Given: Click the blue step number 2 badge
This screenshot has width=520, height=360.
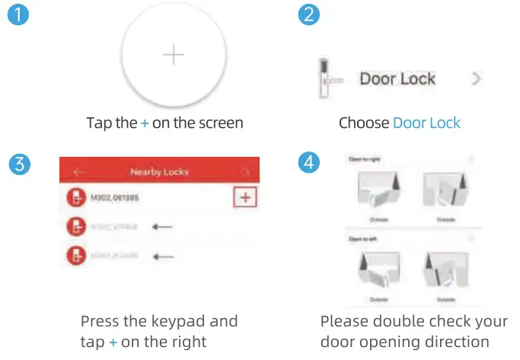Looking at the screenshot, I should pyautogui.click(x=308, y=15).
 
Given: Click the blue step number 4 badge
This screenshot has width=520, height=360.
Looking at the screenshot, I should pyautogui.click(x=308, y=163).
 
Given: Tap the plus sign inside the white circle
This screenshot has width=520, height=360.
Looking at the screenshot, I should pyautogui.click(x=174, y=56).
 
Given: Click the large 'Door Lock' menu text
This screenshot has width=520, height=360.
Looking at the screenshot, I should pyautogui.click(x=397, y=78).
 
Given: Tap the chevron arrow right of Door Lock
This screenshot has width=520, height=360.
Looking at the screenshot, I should pyautogui.click(x=477, y=78).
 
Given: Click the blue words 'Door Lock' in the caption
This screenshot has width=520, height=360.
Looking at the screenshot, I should pyautogui.click(x=426, y=123).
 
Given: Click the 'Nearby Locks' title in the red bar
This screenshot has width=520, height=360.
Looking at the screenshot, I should pyautogui.click(x=160, y=172).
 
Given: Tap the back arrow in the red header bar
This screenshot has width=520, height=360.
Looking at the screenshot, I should pyautogui.click(x=76, y=172).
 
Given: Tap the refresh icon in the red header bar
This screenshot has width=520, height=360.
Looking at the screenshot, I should pyautogui.click(x=244, y=172).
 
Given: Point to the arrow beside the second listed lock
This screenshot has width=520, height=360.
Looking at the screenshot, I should pyautogui.click(x=161, y=226).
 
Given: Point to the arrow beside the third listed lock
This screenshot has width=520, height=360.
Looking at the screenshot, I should pyautogui.click(x=161, y=256).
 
